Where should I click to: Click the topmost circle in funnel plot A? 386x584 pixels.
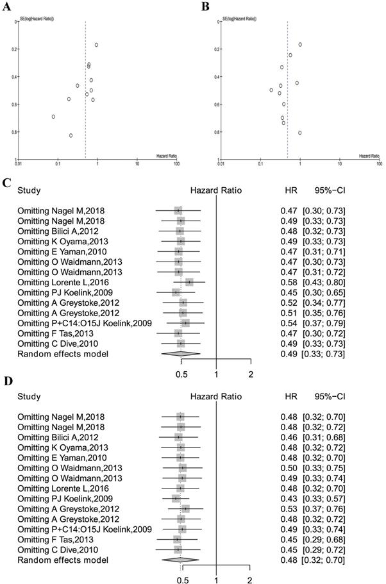96,45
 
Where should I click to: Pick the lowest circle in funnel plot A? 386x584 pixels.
71,135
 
